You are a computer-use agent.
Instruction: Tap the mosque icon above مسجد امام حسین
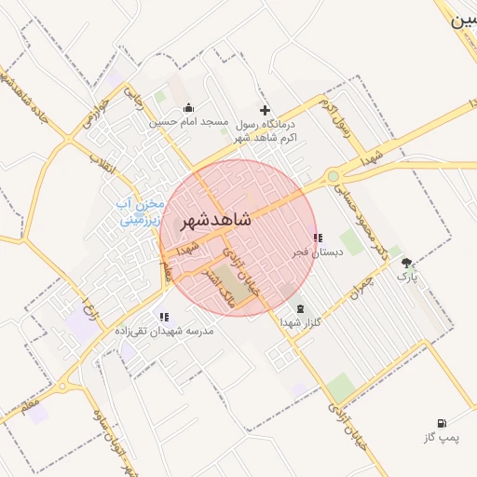pos(189,107)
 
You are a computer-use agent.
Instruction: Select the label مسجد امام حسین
pos(189,122)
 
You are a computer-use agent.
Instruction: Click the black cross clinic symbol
pos(265,110)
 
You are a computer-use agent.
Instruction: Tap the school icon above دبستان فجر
pos(318,238)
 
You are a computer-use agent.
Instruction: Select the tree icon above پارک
pos(406,263)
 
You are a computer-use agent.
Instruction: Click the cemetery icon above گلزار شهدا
pos(300,308)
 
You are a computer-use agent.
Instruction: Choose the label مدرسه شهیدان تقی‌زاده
pos(165,331)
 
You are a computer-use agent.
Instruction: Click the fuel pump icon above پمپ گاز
pos(441,424)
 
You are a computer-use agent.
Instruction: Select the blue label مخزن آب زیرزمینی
pos(141,212)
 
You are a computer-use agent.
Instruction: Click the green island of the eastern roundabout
pos(333,175)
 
